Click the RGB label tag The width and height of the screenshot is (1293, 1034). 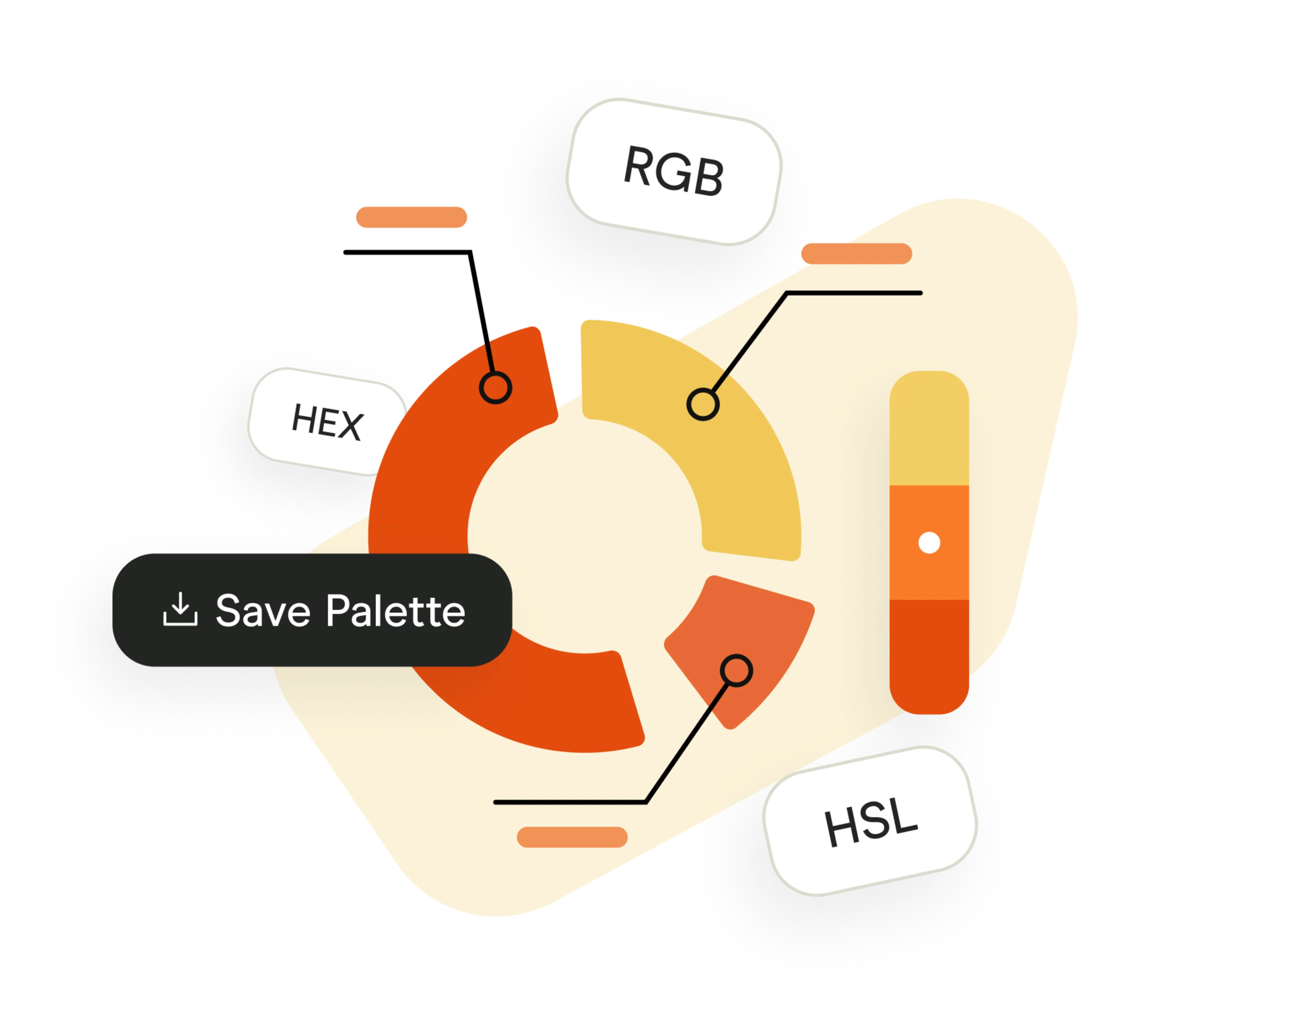coord(674,171)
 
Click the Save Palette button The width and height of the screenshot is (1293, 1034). coord(312,610)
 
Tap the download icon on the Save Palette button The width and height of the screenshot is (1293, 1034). coord(180,610)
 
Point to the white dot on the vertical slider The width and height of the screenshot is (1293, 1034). coord(929,543)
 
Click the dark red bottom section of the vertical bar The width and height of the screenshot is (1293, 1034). coord(929,653)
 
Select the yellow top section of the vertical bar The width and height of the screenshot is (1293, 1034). coord(929,432)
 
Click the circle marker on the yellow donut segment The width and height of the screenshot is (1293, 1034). coord(702,405)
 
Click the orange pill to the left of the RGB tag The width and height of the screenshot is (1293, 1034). coord(411,217)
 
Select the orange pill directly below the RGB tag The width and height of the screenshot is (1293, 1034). coord(856,253)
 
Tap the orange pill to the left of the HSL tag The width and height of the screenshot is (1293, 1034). coord(572,837)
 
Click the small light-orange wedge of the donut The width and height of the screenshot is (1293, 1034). coord(750,635)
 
